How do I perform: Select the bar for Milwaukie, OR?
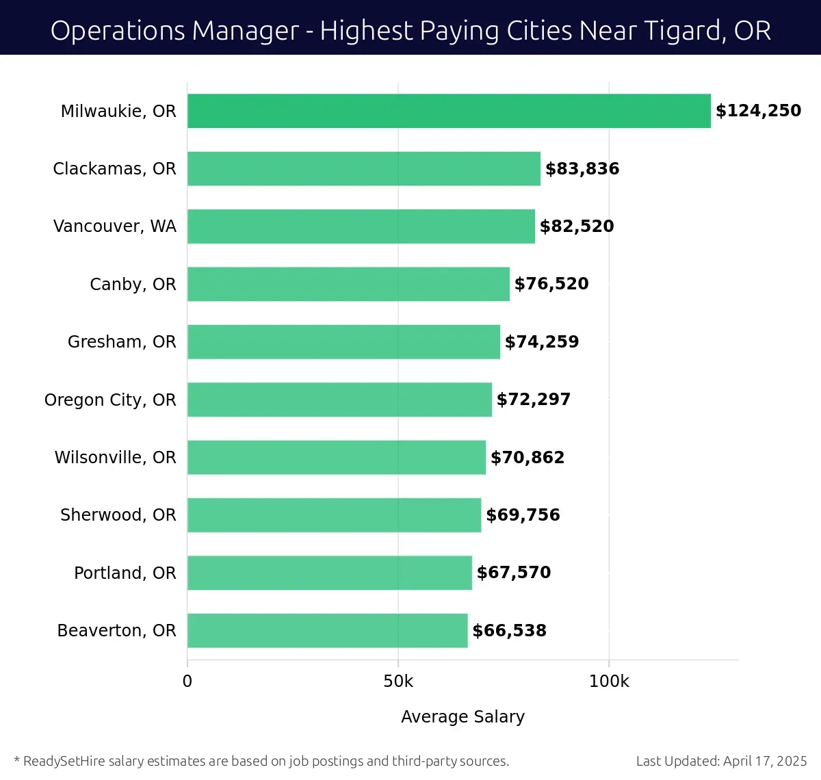pyautogui.click(x=449, y=111)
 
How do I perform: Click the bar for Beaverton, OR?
pyautogui.click(x=327, y=630)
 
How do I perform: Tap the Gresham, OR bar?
pyautogui.click(x=343, y=341)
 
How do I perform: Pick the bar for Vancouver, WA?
pyautogui.click(x=361, y=226)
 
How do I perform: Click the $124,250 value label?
pyautogui.click(x=758, y=111)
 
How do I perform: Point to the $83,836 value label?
pyautogui.click(x=582, y=168)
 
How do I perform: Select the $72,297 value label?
pyautogui.click(x=534, y=400)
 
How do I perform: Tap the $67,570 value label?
pyautogui.click(x=514, y=573)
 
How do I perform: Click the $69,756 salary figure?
pyautogui.click(x=523, y=515)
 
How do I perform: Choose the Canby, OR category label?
pyautogui.click(x=133, y=284)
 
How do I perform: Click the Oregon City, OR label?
pyautogui.click(x=110, y=400)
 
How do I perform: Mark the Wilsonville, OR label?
pyautogui.click(x=115, y=457)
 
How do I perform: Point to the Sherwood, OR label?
pyautogui.click(x=118, y=515)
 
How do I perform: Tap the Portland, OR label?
pyautogui.click(x=125, y=573)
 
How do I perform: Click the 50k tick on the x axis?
pyautogui.click(x=398, y=681)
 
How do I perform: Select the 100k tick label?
pyautogui.click(x=609, y=681)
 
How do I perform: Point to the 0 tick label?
pyautogui.click(x=187, y=681)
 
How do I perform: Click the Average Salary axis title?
pyautogui.click(x=462, y=716)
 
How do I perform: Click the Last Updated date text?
pyautogui.click(x=721, y=761)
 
